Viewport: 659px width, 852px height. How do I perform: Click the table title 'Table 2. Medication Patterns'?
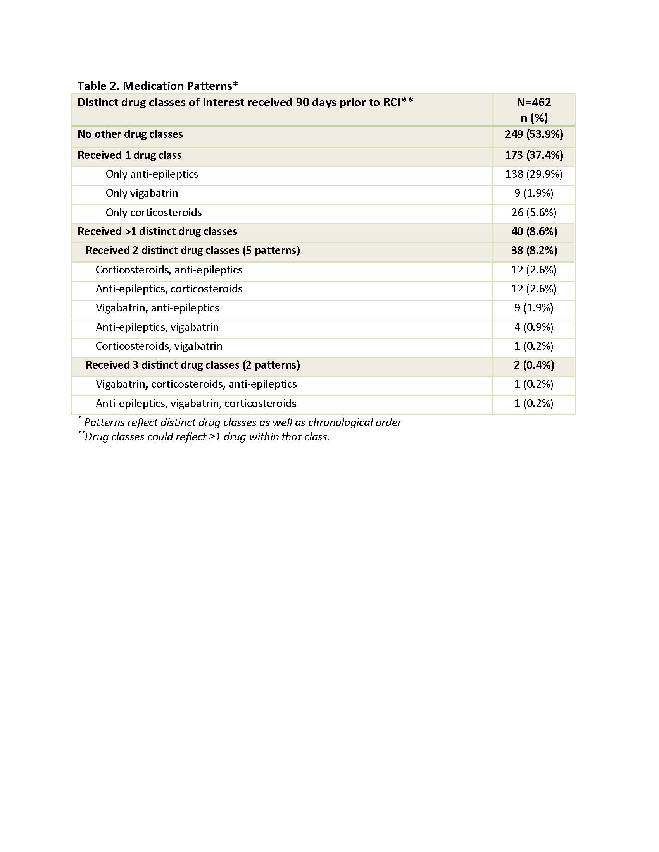157,86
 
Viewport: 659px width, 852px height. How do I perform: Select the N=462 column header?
533,103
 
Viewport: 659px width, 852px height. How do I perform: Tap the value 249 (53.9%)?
533,135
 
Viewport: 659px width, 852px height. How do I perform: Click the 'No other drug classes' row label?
130,135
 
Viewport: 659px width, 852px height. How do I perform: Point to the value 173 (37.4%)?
533,155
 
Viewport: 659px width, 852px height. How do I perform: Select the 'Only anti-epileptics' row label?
152,174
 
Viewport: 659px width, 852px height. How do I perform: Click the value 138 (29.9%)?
533,174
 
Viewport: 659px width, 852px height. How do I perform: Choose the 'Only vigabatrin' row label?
142,194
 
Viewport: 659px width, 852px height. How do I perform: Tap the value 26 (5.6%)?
533,213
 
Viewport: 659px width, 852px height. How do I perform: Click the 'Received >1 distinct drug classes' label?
157,232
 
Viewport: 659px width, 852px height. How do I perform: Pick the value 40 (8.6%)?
533,232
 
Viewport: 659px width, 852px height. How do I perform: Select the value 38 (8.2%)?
533,251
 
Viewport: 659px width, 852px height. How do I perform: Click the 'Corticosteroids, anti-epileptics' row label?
169,270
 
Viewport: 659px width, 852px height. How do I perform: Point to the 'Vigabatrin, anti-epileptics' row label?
157,308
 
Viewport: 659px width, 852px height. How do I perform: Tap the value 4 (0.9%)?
533,327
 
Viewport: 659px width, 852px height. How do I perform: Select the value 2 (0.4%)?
533,365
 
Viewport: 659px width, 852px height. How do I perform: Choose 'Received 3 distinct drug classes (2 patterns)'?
193,365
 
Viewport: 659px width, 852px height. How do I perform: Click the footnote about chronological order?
242,423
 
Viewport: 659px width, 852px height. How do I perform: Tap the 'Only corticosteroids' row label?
154,213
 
